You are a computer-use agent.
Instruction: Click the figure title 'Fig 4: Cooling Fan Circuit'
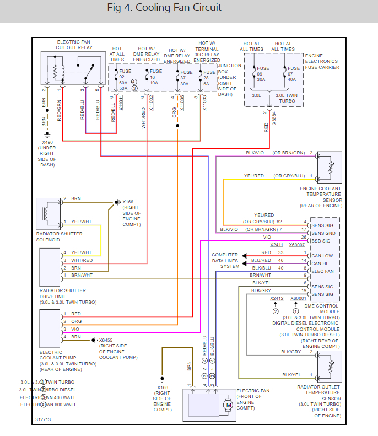(164, 8)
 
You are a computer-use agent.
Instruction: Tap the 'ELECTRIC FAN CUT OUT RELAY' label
(74, 45)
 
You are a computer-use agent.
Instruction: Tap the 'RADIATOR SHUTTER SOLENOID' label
(60, 236)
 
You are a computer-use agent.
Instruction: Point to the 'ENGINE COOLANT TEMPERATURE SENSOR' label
(321, 196)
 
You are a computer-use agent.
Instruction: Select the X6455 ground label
(105, 340)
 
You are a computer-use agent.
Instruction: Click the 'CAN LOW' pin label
(322, 255)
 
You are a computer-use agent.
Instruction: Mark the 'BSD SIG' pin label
(321, 241)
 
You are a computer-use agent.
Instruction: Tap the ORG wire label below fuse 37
(175, 113)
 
